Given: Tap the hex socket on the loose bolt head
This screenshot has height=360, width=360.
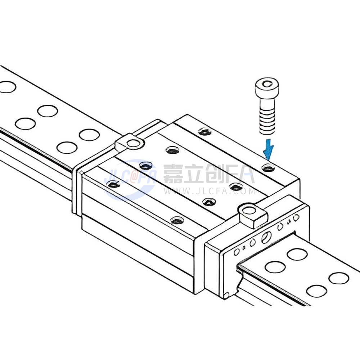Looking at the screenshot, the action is [267, 84].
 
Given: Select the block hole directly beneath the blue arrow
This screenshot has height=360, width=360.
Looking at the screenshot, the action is [269, 168].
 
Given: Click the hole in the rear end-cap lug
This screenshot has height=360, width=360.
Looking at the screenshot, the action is [133, 144].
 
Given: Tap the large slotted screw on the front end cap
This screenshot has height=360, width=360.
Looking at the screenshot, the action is [266, 237].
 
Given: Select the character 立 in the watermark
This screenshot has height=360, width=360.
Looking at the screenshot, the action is [195, 174].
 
